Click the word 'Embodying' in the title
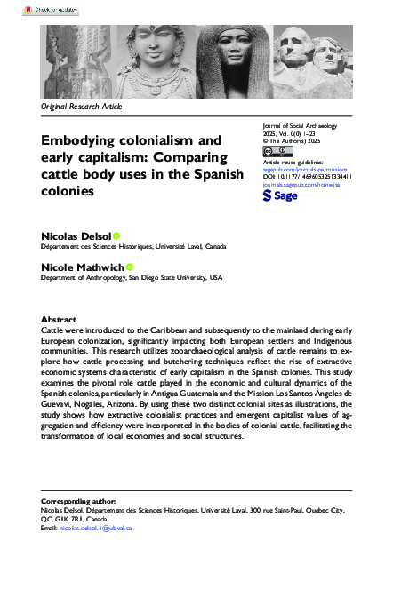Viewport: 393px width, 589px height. tap(78, 140)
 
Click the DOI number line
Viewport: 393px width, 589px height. tap(308, 177)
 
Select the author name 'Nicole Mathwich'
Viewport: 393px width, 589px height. tap(83, 267)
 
